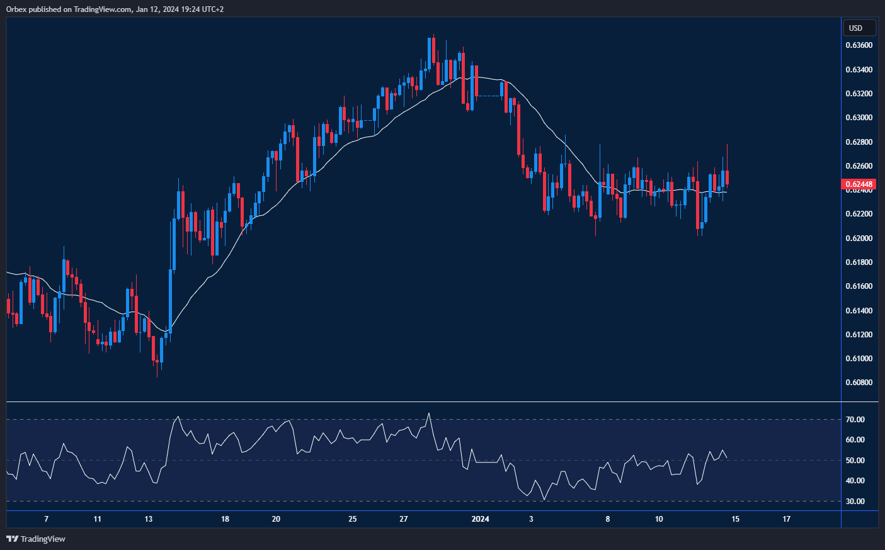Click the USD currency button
click(859, 28)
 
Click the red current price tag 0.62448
click(859, 184)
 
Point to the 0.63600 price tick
click(859, 45)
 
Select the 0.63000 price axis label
click(859, 118)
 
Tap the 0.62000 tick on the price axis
click(859, 239)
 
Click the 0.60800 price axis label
click(859, 383)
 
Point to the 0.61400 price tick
click(859, 311)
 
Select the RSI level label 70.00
click(855, 420)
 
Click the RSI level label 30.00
click(855, 502)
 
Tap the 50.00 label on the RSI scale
click(855, 461)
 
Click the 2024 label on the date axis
click(480, 519)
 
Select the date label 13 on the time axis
click(148, 519)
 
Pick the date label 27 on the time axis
click(404, 519)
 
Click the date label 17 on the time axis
click(786, 519)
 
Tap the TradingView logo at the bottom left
click(36, 539)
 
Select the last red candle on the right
click(727, 177)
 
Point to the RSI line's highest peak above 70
click(429, 413)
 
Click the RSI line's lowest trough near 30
click(544, 500)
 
